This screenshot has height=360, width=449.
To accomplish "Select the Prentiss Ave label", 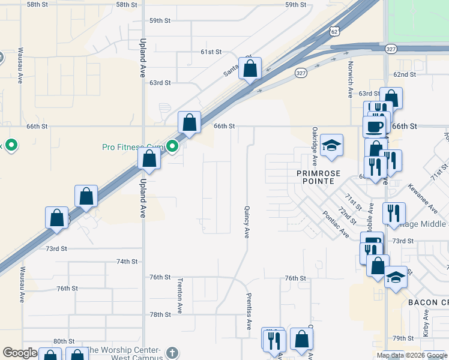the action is point(249,312).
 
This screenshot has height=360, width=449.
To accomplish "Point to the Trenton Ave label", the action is point(179,296).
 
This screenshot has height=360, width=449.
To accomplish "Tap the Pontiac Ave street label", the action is point(335,224).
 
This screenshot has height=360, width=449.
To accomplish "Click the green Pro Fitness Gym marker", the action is point(172,146).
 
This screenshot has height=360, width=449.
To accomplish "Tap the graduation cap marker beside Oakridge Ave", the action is point(331,146).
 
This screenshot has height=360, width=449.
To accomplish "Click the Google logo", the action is point(20,353).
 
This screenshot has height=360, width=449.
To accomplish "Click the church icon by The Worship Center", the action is point(172,352).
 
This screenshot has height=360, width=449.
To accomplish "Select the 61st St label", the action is point(211,52).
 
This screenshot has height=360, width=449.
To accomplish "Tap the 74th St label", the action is point(127,262).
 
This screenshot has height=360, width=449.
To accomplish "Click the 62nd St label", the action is point(404,74).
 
